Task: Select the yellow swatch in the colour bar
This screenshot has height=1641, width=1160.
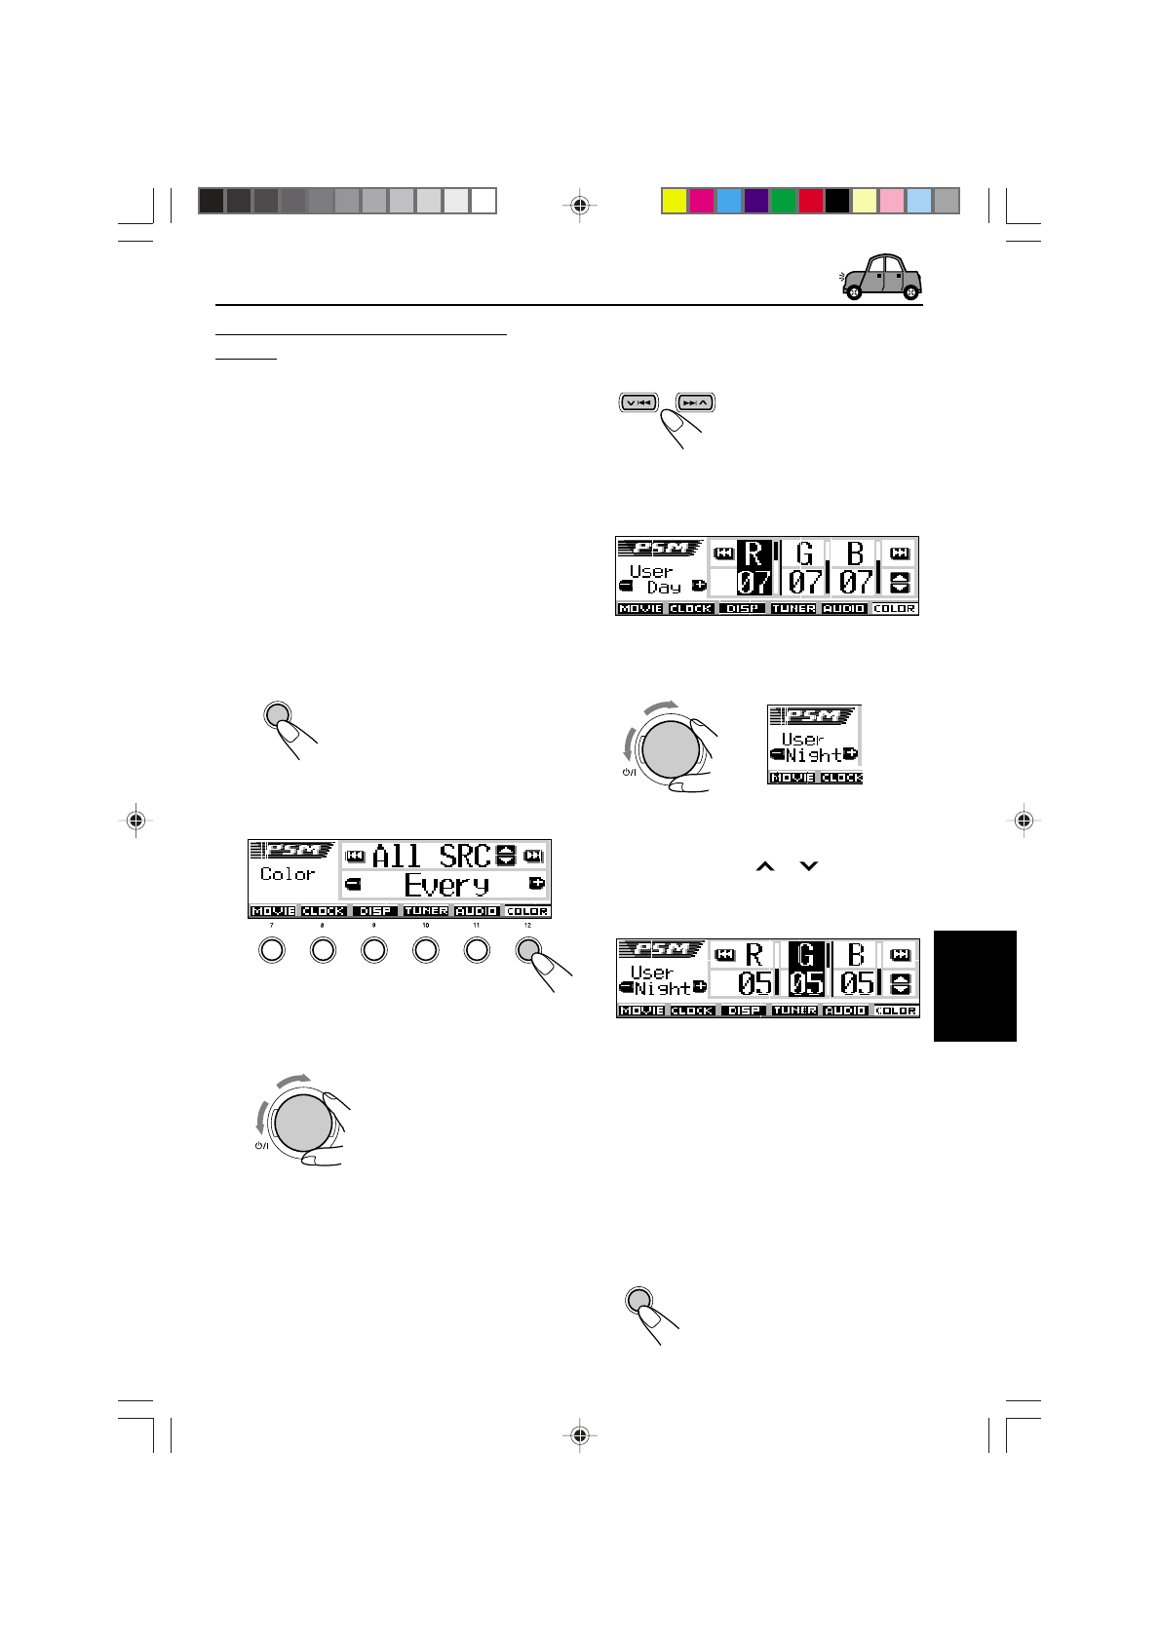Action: click(674, 201)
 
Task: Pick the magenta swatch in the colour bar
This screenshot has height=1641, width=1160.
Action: click(701, 201)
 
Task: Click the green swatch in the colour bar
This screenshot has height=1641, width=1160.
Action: click(783, 201)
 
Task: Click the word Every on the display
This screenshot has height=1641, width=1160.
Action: click(445, 885)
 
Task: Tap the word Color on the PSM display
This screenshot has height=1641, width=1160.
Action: click(288, 874)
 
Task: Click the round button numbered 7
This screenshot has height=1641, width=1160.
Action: click(272, 950)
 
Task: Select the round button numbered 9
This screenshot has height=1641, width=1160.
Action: click(374, 950)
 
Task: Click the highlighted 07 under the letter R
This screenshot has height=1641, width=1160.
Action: click(754, 583)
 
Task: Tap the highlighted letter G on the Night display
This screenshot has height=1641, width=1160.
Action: click(805, 954)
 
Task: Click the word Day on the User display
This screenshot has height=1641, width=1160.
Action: click(664, 587)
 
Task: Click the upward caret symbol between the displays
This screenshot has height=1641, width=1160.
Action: click(764, 865)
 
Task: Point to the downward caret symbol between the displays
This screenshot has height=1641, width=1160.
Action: click(808, 865)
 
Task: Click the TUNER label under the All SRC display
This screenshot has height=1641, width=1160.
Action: click(426, 911)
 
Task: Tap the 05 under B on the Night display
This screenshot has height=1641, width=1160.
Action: click(856, 983)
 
